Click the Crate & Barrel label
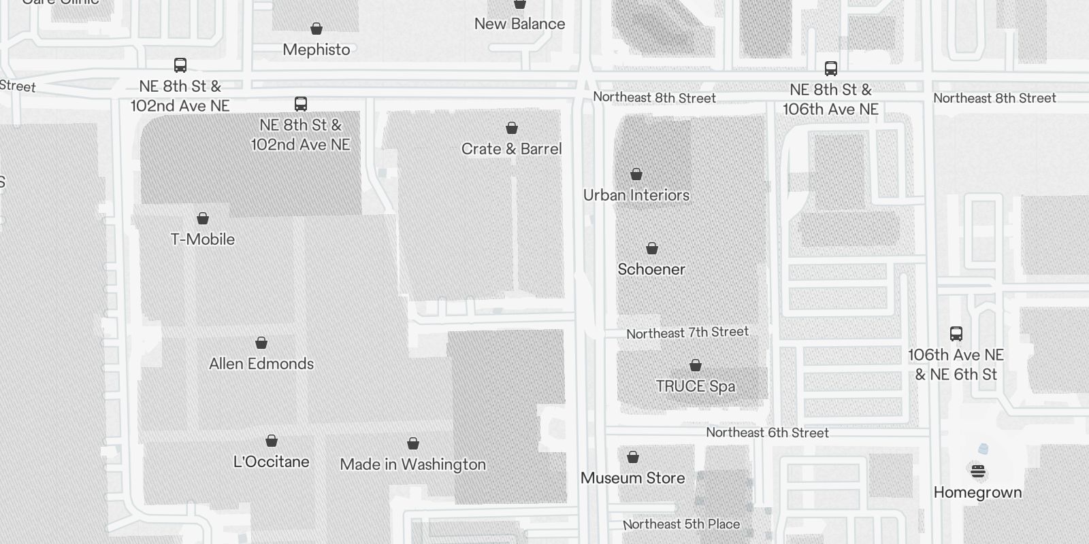click(511, 149)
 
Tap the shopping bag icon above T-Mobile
click(203, 218)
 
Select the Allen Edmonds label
click(261, 364)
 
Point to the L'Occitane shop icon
click(272, 441)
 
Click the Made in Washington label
click(413, 464)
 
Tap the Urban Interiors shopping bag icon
click(636, 174)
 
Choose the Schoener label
click(651, 269)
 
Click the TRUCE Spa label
click(696, 386)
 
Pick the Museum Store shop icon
click(633, 457)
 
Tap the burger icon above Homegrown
click(978, 471)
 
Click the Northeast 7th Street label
click(687, 333)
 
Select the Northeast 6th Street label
click(767, 432)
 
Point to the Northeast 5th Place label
click(681, 524)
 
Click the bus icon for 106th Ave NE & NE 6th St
click(956, 334)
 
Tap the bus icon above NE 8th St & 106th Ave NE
click(831, 69)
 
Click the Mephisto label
click(316, 50)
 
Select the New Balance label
click(519, 24)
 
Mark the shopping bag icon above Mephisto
click(316, 29)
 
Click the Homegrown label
click(977, 492)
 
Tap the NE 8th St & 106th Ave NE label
click(830, 99)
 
